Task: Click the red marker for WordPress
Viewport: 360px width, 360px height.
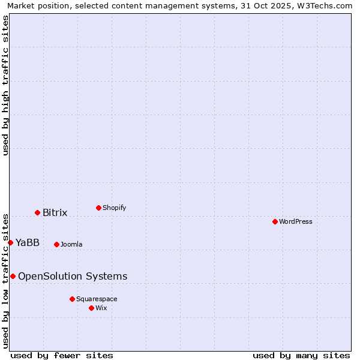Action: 275,221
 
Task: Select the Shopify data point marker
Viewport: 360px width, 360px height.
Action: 98,208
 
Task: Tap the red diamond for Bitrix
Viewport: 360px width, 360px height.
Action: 37,212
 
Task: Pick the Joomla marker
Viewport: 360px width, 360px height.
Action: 56,244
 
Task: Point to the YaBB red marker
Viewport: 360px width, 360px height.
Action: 10,242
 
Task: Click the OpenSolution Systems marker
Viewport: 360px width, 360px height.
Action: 13,276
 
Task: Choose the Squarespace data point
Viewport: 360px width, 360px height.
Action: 72,299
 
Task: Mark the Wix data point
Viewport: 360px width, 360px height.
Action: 91,308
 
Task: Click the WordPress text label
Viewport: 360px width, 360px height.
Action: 296,221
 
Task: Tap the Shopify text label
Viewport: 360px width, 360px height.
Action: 115,208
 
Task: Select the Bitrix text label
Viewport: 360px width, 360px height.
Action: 55,212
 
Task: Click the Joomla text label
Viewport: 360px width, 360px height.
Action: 71,244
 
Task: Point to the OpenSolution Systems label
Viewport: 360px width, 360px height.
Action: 73,276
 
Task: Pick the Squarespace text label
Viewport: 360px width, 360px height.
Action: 97,299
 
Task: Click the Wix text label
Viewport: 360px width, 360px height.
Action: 101,308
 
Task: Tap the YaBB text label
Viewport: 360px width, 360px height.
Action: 28,242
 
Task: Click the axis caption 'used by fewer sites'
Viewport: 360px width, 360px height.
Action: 62,355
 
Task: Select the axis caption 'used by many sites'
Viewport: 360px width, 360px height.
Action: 301,355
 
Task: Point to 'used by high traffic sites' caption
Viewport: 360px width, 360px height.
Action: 6,85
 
